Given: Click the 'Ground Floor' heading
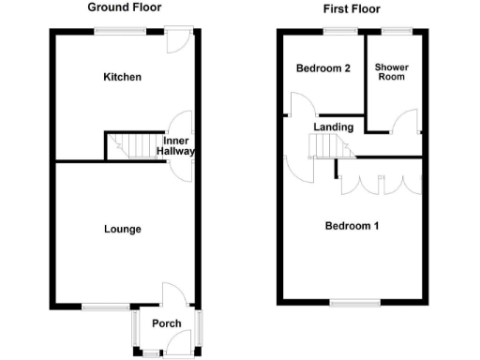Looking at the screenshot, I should pos(122,7).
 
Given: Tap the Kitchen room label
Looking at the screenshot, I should pos(122,77).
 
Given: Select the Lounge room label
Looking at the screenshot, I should pos(123,229).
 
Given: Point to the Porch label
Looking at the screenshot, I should pos(167,324).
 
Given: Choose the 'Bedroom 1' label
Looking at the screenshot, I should pos(352,226).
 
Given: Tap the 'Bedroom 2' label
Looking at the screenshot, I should pos(322,68).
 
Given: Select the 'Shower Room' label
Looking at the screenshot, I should pos(391,73).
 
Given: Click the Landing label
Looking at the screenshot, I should pos(334,127).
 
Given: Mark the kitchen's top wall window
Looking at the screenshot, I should pos(120,32).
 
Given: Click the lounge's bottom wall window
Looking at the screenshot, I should pos(105,306).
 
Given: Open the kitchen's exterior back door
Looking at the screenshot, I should pos(175,39).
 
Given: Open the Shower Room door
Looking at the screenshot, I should pos(406,123).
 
